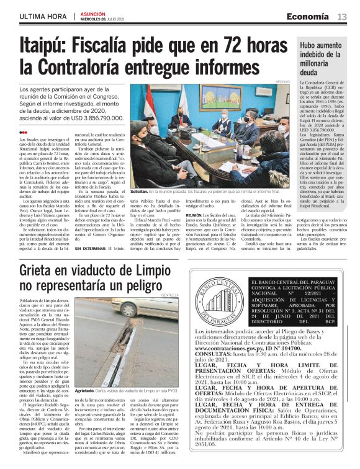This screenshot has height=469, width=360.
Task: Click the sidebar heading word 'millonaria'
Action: pos(318,64)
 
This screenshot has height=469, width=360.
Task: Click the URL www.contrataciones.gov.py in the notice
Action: pos(227,349)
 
